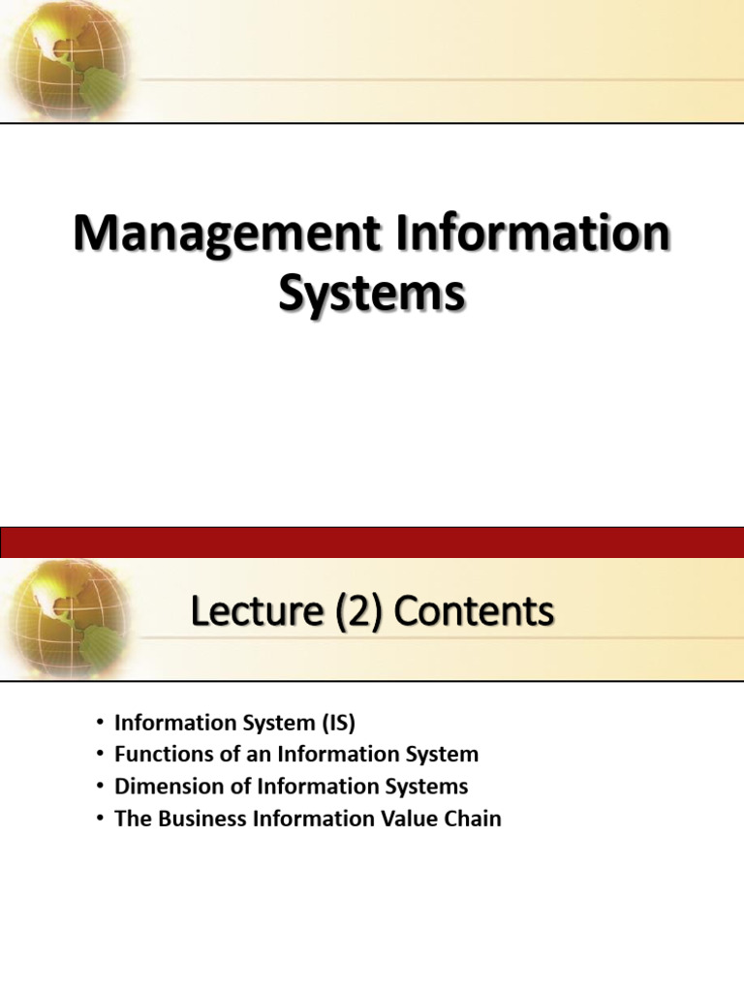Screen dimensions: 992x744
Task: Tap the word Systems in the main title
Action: click(x=372, y=294)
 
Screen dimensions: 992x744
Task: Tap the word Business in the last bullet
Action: click(x=199, y=818)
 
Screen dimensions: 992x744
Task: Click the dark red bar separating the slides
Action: click(x=372, y=542)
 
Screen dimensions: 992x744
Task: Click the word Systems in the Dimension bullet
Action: click(x=426, y=786)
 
